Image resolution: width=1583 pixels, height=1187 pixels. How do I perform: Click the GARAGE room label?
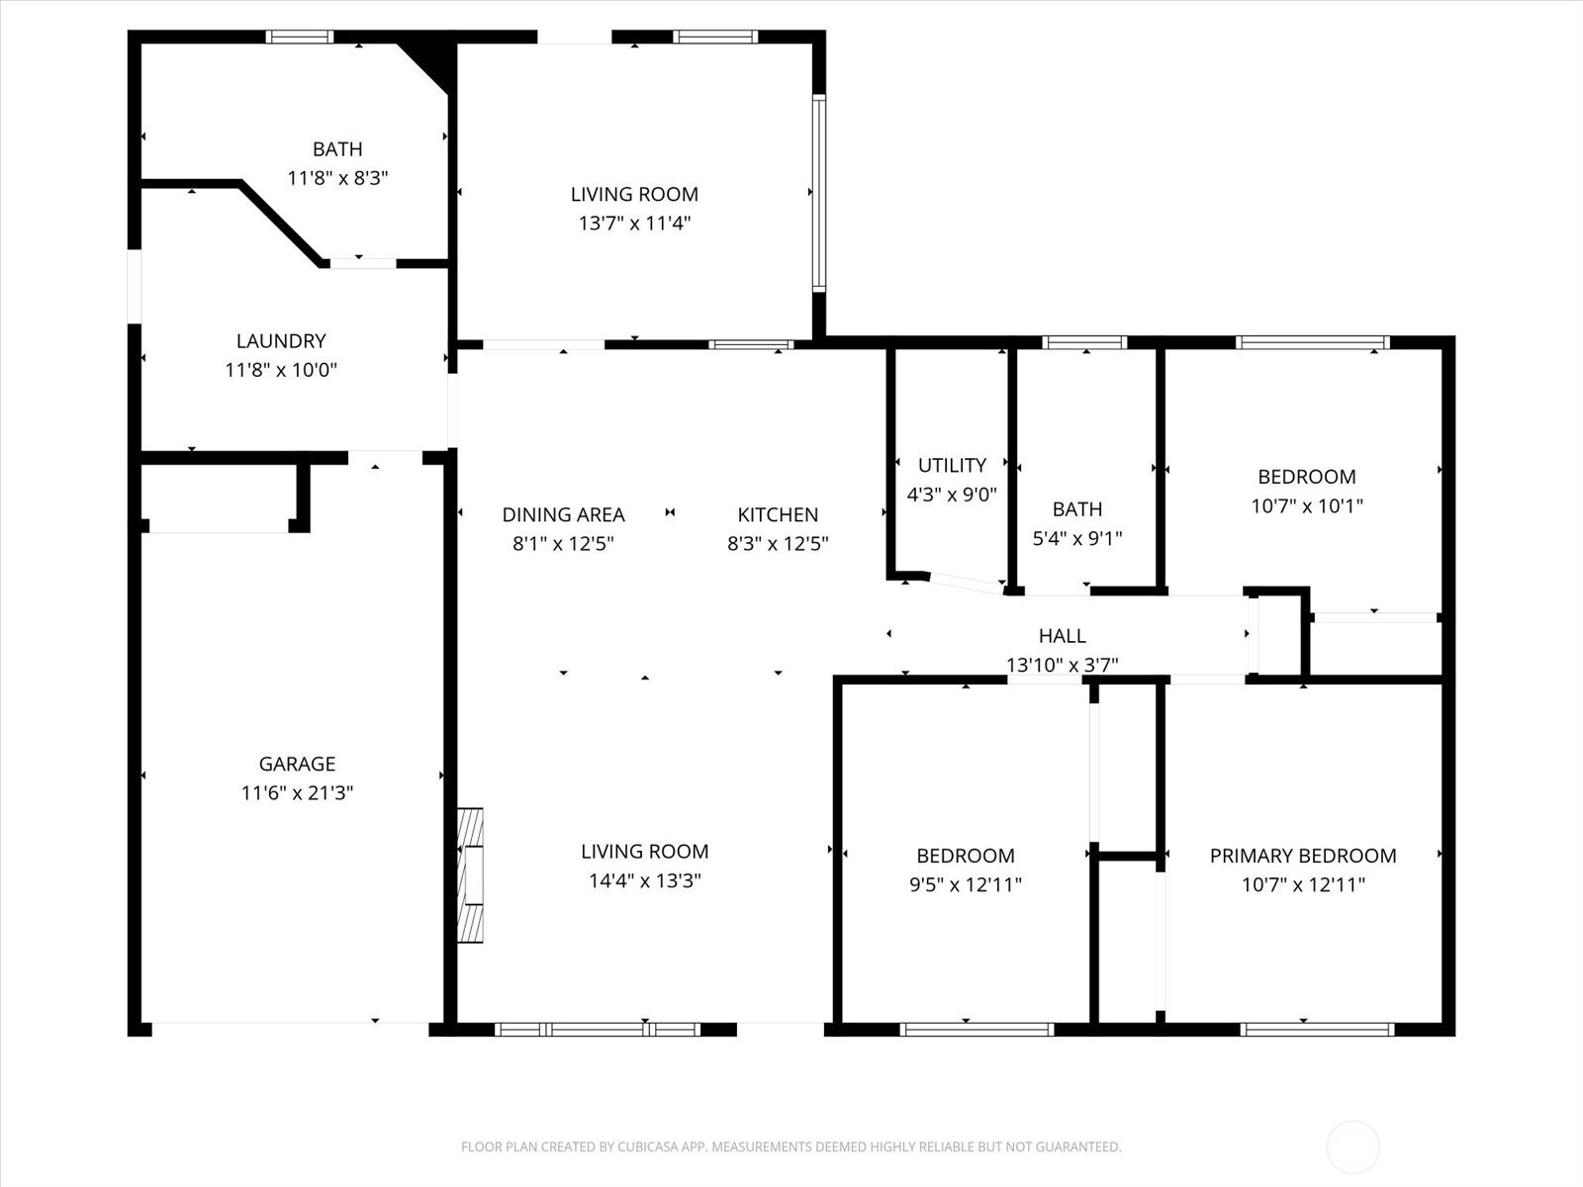[x=297, y=764]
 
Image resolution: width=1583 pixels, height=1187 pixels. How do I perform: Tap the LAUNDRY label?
[x=281, y=341]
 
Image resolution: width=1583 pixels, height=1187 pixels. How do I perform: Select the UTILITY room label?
[x=952, y=465]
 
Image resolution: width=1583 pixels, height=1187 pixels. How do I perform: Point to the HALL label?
[x=1063, y=636]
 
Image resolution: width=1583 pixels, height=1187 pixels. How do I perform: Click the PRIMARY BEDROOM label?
[x=1303, y=856]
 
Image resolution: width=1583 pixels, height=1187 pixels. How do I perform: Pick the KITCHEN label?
[x=778, y=514]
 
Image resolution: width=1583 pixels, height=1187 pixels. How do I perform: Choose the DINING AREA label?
[x=563, y=514]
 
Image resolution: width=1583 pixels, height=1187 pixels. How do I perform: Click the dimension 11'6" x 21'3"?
[x=297, y=792]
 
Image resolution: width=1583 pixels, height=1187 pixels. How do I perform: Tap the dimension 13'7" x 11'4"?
[x=634, y=224]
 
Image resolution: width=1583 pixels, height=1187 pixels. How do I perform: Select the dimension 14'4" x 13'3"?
[x=645, y=880]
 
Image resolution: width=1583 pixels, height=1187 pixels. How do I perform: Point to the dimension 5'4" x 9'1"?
[x=1077, y=538]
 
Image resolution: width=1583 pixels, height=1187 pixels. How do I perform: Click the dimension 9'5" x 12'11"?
[x=966, y=884]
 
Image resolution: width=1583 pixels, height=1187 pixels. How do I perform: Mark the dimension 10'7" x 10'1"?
[x=1307, y=505]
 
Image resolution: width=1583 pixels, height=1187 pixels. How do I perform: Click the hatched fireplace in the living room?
[x=470, y=875]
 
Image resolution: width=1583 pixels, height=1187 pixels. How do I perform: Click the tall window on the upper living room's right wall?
[x=819, y=193]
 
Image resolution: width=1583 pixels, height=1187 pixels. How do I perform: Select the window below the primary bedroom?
[x=1317, y=1029]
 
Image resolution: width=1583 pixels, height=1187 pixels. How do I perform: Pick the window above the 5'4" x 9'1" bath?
[x=1084, y=342]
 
